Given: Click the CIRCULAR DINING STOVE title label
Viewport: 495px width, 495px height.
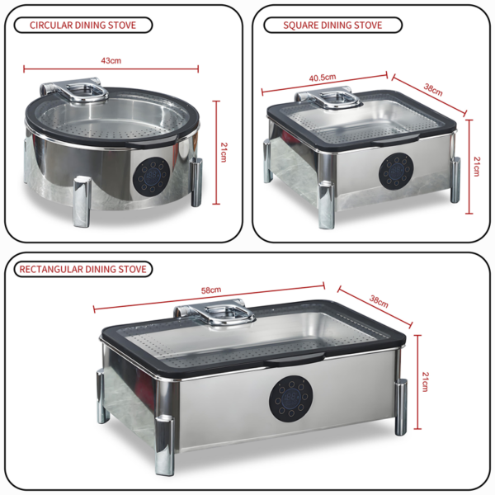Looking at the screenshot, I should pyautogui.click(x=84, y=25).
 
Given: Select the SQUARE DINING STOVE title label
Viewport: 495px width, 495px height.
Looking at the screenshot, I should pyautogui.click(x=332, y=25).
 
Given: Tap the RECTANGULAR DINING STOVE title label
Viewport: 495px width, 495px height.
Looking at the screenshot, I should pyautogui.click(x=82, y=269).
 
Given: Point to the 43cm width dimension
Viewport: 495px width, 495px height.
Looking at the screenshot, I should pyautogui.click(x=111, y=61).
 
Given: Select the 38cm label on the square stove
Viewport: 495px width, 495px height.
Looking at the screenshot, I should pyautogui.click(x=432, y=91).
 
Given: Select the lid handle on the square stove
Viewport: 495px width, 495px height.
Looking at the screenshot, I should pyautogui.click(x=332, y=98).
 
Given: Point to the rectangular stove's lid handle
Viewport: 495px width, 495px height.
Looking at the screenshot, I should pyautogui.click(x=214, y=315).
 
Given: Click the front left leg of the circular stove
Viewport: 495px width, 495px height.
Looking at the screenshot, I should pyautogui.click(x=82, y=201).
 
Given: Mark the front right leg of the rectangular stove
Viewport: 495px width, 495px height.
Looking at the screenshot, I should pyautogui.click(x=399, y=407).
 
